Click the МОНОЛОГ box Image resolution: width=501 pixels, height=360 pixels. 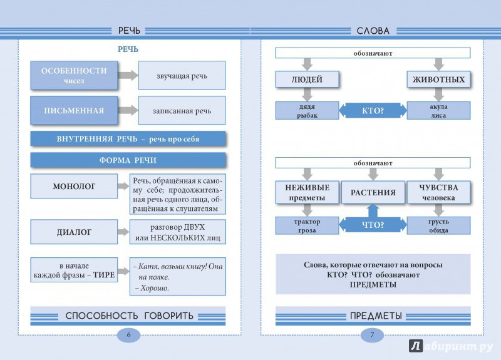coord(74,186)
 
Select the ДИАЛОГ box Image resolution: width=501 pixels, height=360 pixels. coord(74,232)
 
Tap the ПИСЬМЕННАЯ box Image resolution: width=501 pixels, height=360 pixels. coord(74,111)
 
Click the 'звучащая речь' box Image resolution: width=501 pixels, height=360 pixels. coord(182,76)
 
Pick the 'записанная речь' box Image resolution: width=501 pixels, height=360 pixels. coord(182,111)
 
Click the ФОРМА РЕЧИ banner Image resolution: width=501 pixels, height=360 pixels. coord(128,160)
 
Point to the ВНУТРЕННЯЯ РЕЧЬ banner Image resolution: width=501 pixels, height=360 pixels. coord(128,139)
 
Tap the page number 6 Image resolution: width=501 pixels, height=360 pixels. coord(129,335)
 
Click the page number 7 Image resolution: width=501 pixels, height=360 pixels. coord(372,335)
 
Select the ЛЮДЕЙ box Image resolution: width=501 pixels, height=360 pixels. coord(307,80)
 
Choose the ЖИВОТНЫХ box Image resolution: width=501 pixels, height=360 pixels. coord(439,80)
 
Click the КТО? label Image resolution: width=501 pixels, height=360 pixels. coord(373,111)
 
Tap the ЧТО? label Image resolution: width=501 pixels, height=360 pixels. coord(373,225)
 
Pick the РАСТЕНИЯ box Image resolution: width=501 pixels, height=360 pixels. coord(373,192)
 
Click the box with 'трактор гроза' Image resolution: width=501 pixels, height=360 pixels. coord(307,225)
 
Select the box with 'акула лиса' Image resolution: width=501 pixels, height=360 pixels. coord(439,111)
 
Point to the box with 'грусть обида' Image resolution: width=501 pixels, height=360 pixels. coord(439,225)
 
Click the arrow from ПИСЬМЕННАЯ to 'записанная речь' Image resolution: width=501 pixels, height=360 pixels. coord(128,110)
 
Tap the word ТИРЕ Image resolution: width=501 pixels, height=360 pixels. coord(104,275)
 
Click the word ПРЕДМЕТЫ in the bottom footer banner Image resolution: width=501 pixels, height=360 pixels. coord(376,316)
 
